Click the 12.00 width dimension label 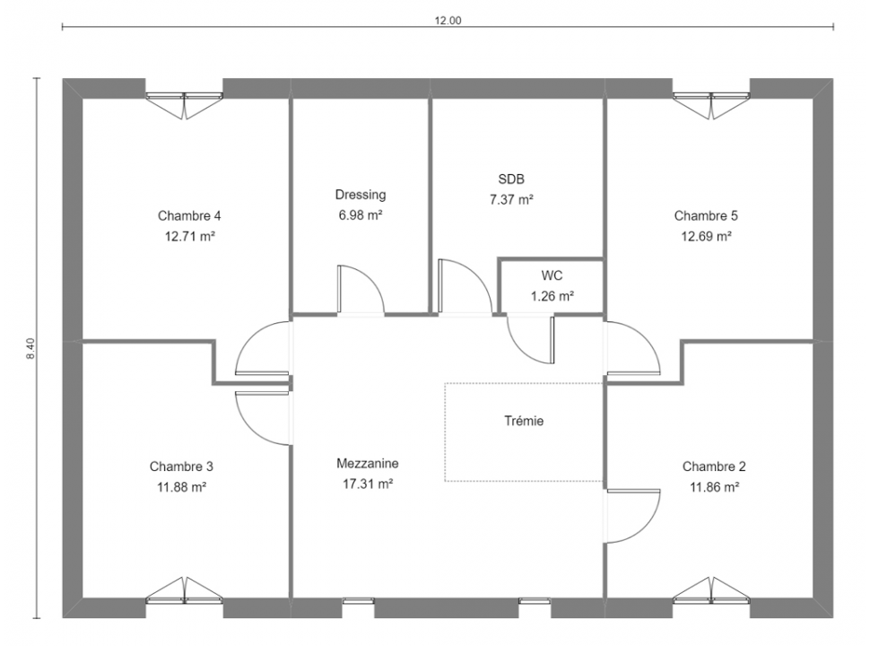(x=448, y=22)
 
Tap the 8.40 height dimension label (x=30, y=348)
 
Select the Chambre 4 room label (x=189, y=215)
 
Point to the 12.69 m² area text (x=706, y=237)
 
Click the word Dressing (x=360, y=195)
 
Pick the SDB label (x=511, y=179)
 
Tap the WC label (x=552, y=275)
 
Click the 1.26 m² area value (x=552, y=296)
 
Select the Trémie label (x=524, y=421)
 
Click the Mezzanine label (x=368, y=463)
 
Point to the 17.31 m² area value (x=368, y=484)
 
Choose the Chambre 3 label (x=181, y=467)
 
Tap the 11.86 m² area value (x=714, y=487)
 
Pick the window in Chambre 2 (x=711, y=590)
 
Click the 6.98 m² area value (x=360, y=215)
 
